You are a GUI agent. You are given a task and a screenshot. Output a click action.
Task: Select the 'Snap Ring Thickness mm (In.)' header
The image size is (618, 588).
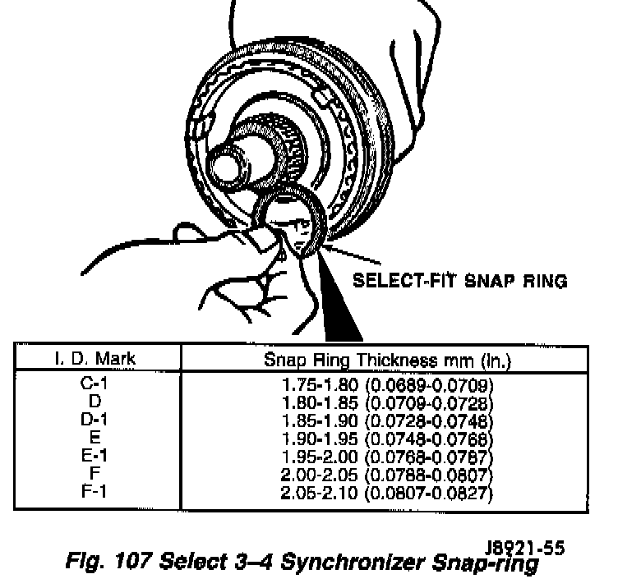pos(385,359)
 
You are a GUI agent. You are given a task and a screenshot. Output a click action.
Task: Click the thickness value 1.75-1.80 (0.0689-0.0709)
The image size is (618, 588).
pos(385,384)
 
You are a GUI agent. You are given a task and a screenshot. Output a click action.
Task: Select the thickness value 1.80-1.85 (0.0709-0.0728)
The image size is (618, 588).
pos(385,402)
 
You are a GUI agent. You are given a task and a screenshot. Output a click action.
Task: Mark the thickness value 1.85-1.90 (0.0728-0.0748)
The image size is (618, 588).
pos(385,420)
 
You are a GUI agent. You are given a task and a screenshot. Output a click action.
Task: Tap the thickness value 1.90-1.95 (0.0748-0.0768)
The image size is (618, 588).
pos(385,439)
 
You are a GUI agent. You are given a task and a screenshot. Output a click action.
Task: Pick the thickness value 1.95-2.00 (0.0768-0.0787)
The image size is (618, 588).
pos(385,457)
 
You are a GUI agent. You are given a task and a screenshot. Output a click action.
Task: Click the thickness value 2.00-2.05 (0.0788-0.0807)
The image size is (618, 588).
pos(385,475)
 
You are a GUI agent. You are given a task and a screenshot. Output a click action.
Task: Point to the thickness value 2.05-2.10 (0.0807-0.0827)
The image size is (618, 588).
pos(385,494)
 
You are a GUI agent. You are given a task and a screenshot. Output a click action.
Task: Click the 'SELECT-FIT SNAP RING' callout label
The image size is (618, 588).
pos(459,282)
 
